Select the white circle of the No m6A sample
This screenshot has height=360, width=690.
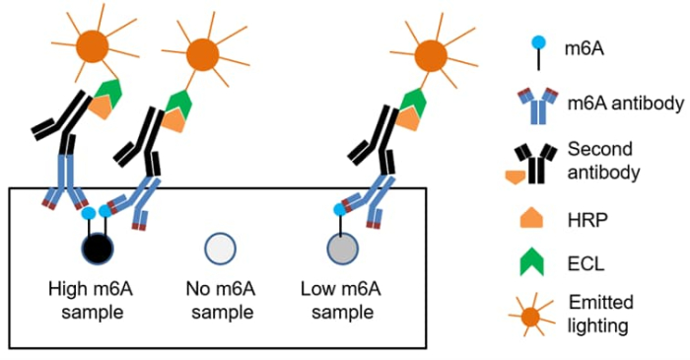click(219, 247)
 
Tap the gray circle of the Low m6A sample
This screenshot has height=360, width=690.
click(341, 248)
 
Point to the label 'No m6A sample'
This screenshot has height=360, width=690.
click(219, 301)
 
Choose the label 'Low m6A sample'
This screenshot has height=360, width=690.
click(340, 301)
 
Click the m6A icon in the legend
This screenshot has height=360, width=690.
click(536, 46)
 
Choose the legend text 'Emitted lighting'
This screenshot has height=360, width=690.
click(600, 313)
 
